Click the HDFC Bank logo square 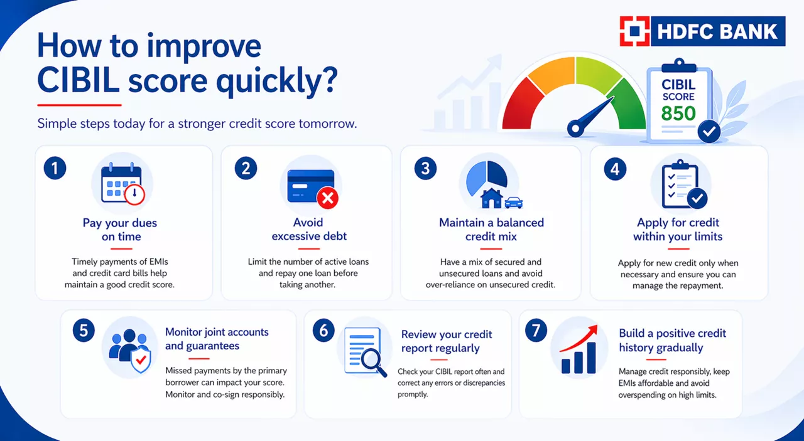pyautogui.click(x=634, y=31)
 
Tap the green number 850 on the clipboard pyautogui.click(x=678, y=114)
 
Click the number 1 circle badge pyautogui.click(x=55, y=169)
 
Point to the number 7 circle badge pyautogui.click(x=536, y=331)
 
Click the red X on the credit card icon pyautogui.click(x=327, y=199)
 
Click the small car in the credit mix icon pyautogui.click(x=513, y=203)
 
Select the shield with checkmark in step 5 pyautogui.click(x=140, y=361)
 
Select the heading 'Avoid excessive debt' pyautogui.click(x=308, y=230)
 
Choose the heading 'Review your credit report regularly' pyautogui.click(x=447, y=341)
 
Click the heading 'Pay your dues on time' pyautogui.click(x=120, y=230)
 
